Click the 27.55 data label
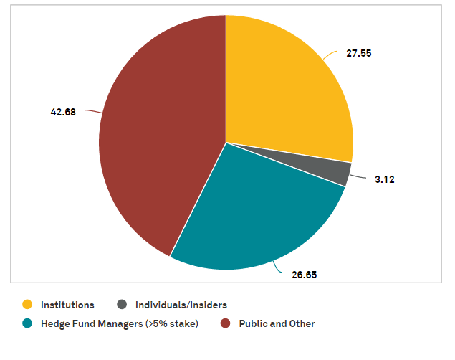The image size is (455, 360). point(359,54)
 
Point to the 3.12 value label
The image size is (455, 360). point(384,179)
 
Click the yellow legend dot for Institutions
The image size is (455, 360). point(27,305)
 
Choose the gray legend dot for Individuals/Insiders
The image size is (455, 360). point(122,305)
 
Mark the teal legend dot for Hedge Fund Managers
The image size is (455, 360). point(27,323)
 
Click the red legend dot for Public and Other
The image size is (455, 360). point(225,323)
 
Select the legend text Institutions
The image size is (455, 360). point(67,305)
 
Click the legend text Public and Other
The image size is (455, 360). point(277,324)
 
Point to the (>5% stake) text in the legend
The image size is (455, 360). point(171,324)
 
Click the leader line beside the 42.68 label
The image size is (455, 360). point(92,111)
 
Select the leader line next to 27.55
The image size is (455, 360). point(330,54)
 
